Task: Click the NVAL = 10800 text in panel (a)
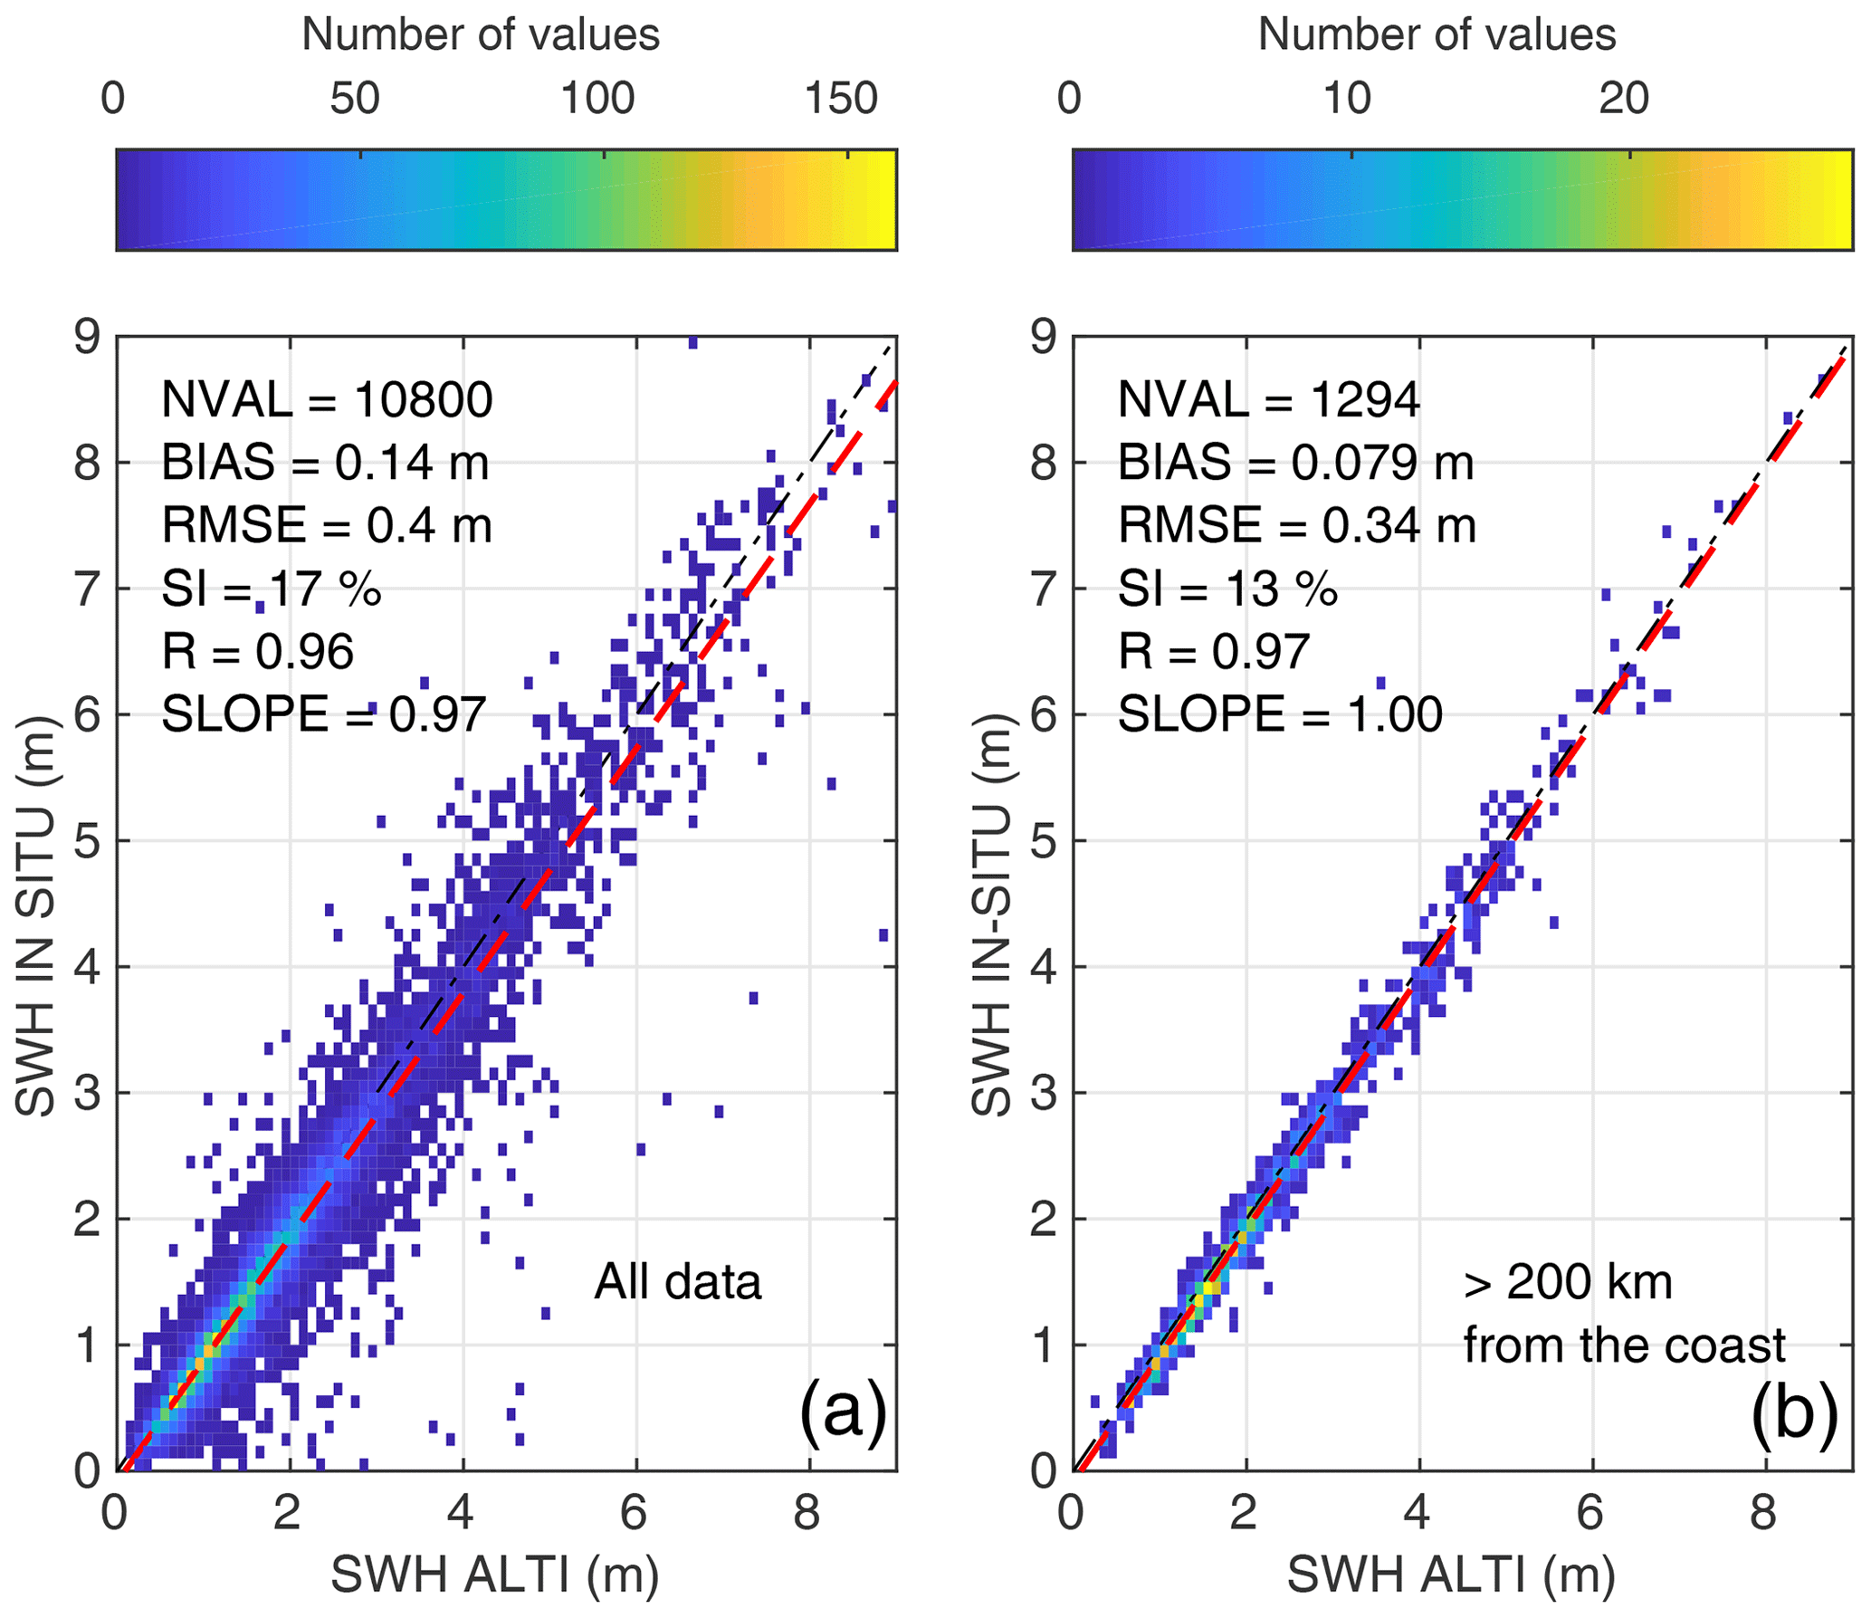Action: click(x=327, y=399)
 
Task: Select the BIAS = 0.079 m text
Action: click(x=1295, y=463)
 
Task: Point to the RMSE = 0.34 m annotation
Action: click(x=1296, y=526)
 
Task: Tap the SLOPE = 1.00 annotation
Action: click(x=1280, y=714)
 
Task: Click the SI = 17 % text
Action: click(x=271, y=589)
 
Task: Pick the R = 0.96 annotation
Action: click(x=258, y=652)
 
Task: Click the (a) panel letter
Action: click(x=842, y=1410)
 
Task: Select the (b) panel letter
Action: click(x=1795, y=1410)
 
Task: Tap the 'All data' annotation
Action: click(x=678, y=1282)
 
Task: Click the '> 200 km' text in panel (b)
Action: click(x=1568, y=1282)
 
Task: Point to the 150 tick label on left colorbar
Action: click(x=842, y=98)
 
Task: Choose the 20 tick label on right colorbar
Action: click(x=1624, y=98)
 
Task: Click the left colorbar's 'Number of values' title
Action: click(x=481, y=34)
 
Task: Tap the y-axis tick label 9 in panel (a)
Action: click(x=88, y=338)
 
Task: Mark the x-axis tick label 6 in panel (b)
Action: click(x=1590, y=1513)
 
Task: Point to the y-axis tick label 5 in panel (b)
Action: click(x=1044, y=841)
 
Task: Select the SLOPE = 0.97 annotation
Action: click(x=324, y=714)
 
